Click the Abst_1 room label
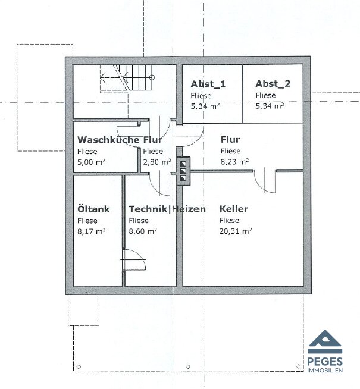(208, 84)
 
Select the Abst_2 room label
(273, 84)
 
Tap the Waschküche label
(108, 139)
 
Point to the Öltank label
(93, 209)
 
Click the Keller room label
(234, 209)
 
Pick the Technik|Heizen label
(167, 209)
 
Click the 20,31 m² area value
(236, 231)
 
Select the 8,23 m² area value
(234, 162)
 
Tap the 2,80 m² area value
(157, 162)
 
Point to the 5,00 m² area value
(91, 162)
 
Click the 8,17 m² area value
(91, 231)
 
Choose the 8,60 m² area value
(143, 231)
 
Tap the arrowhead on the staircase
(102, 78)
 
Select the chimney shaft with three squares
(183, 171)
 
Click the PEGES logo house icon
(325, 341)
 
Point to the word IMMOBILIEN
(325, 370)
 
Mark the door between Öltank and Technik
(134, 259)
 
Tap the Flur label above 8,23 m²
(230, 139)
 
